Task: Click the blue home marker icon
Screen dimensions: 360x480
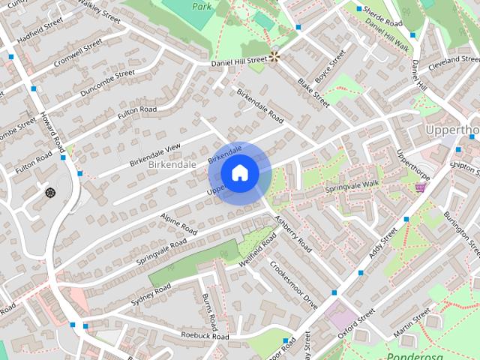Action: pos(240,173)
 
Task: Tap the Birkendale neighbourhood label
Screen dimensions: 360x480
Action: pos(172,163)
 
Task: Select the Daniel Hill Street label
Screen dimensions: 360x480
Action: pos(238,59)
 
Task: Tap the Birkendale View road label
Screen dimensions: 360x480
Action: pos(155,153)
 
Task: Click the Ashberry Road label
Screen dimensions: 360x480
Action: pos(292,232)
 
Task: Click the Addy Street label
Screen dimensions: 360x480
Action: pos(386,242)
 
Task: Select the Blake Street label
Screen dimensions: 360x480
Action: pos(313,93)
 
